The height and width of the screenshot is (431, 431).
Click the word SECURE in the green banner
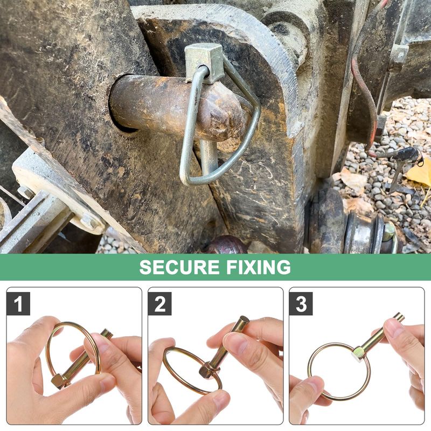pos(179,267)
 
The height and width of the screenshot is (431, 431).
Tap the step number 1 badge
pos(18,303)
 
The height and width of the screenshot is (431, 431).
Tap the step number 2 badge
pos(159,303)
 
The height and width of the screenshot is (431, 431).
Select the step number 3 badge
pos(301,303)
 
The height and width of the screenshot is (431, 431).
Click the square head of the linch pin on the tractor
pos(204,63)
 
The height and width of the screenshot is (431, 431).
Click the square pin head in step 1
pos(59,381)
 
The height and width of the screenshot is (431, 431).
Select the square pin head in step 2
pos(207,370)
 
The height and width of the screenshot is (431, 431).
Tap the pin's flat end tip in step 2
pos(244,319)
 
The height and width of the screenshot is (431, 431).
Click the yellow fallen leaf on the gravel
pos(419,172)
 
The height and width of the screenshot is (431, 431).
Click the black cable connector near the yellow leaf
pos(408,155)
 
